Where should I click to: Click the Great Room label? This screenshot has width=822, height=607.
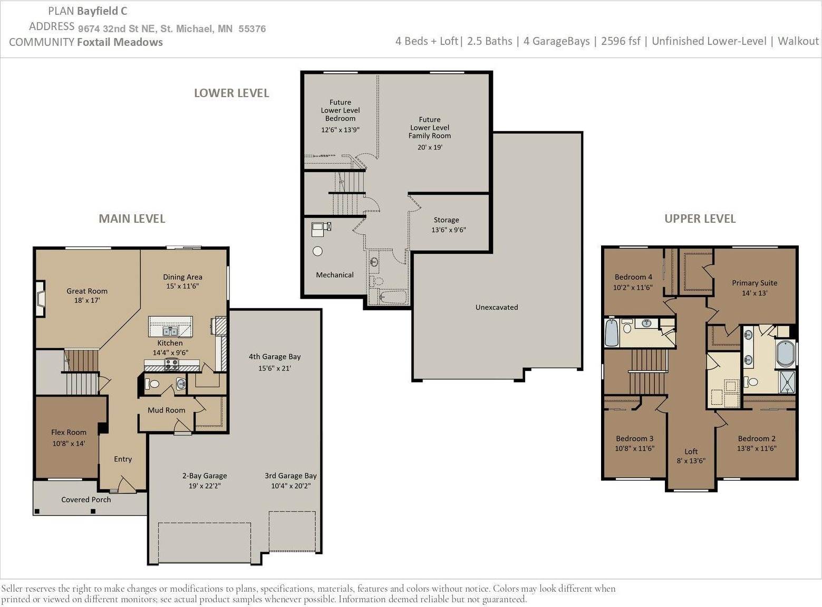[x=87, y=291]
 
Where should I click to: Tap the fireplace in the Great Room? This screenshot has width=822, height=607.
[x=41, y=298]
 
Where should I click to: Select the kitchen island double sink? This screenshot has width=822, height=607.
[x=170, y=331]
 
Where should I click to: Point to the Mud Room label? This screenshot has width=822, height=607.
[x=166, y=410]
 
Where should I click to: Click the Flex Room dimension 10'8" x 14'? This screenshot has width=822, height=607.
[x=69, y=443]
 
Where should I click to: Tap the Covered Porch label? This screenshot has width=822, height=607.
[x=86, y=499]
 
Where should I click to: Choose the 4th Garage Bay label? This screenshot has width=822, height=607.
[x=275, y=356]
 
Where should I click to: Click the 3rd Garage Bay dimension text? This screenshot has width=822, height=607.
[x=291, y=486]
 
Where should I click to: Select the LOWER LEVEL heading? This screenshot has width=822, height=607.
[x=231, y=93]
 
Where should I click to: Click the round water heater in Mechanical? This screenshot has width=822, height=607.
[x=317, y=251]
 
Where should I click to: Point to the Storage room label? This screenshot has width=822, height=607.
[x=446, y=220]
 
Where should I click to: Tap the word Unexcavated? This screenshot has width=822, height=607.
[x=497, y=307]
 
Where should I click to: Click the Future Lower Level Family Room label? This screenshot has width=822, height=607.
[x=430, y=128]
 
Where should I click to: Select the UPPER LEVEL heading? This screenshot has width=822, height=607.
[x=700, y=219]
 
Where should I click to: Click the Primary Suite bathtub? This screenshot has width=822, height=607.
[x=785, y=354]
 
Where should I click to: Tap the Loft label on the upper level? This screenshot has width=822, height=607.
[x=691, y=451]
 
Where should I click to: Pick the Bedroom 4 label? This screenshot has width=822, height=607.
[x=633, y=277]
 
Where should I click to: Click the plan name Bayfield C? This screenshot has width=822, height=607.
[x=102, y=11]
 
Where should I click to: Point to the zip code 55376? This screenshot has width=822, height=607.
[x=252, y=29]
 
